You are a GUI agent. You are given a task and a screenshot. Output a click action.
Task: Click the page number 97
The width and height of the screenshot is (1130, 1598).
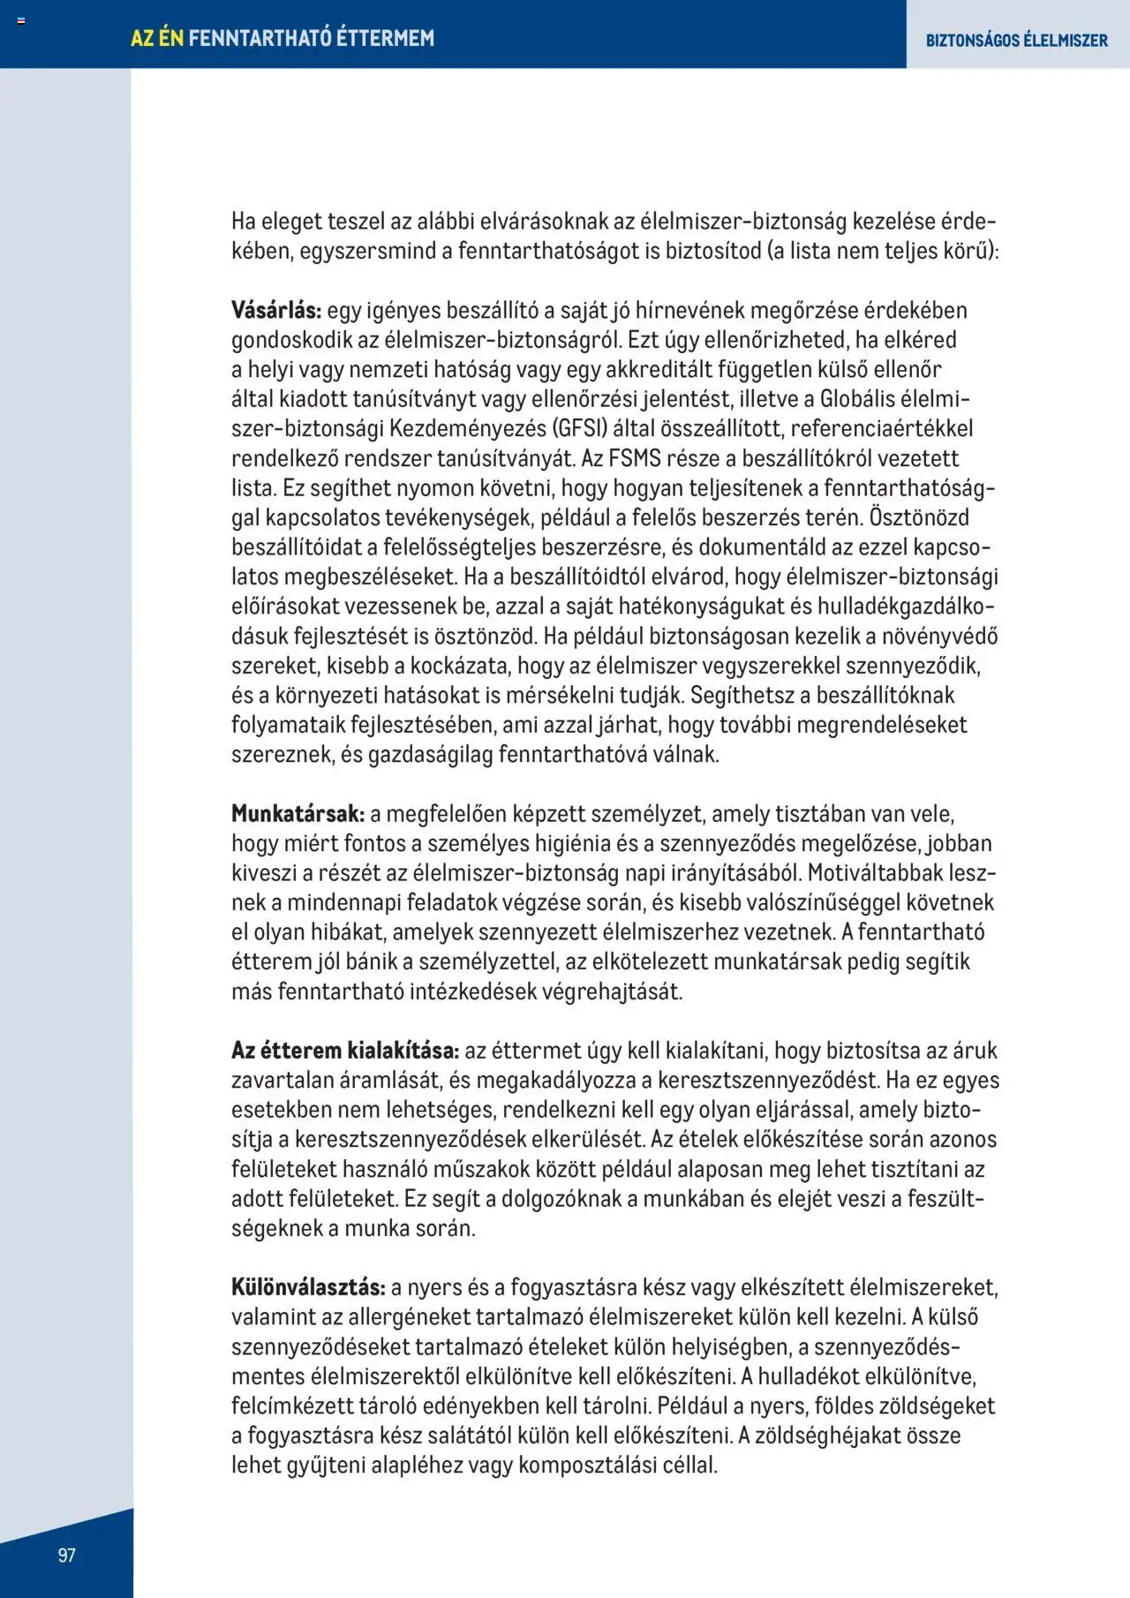point(67,1555)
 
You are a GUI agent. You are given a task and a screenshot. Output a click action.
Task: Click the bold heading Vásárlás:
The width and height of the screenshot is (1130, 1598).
point(276,310)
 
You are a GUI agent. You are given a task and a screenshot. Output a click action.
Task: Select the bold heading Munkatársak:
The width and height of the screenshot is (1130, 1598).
point(298,813)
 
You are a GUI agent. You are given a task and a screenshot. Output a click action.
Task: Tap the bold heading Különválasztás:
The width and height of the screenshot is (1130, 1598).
point(308,1286)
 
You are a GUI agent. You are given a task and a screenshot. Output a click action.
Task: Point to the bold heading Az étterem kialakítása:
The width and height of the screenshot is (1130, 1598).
point(345,1050)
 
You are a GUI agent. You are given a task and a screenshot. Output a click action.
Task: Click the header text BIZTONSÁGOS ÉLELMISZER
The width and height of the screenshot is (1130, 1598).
point(1016,41)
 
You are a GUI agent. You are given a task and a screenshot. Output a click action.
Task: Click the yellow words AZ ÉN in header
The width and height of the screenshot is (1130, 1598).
point(157,38)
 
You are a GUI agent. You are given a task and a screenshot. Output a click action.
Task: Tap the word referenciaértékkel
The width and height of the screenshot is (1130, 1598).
point(881,428)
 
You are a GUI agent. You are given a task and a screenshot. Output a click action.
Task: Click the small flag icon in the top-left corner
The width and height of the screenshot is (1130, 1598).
point(21,20)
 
